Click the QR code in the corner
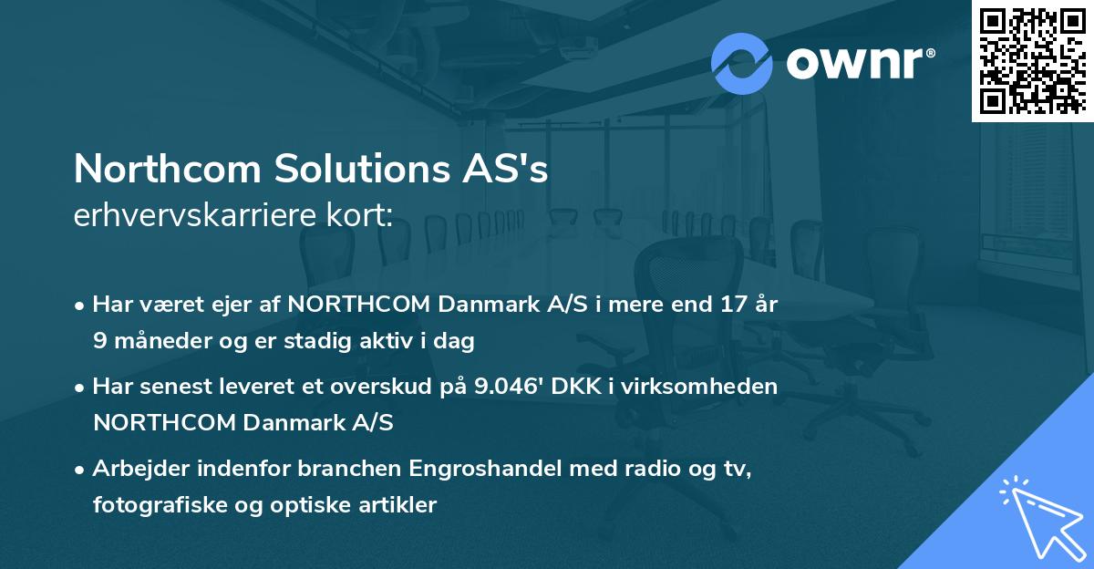coord(1033,60)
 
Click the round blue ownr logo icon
coord(741,63)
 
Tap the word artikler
coord(399,504)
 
